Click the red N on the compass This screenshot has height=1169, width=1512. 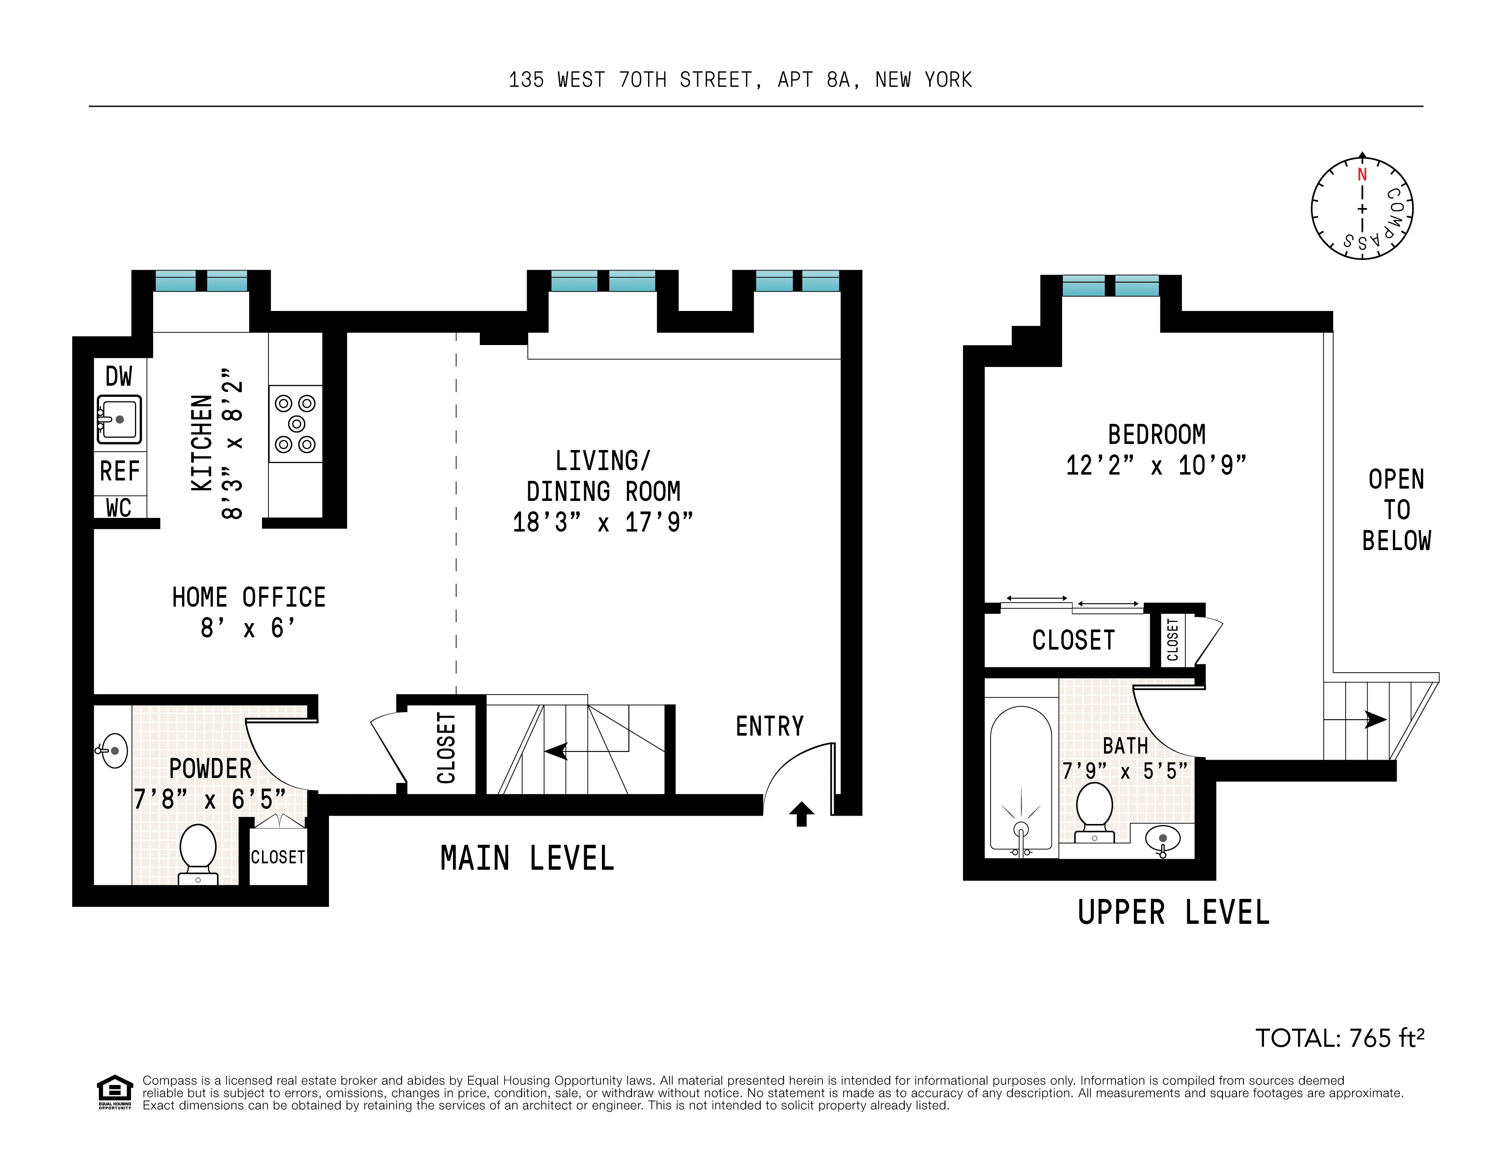(x=1362, y=174)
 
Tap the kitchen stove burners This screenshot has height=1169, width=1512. (x=296, y=423)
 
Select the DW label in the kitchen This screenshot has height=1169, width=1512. (x=118, y=377)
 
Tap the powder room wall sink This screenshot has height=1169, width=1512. (x=113, y=751)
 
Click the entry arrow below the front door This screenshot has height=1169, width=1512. (x=801, y=814)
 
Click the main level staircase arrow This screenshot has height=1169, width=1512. (x=556, y=751)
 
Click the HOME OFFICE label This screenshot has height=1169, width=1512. (x=248, y=597)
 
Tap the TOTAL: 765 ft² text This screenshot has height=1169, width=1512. (x=1340, y=1038)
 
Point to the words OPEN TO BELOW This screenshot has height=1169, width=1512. (x=1396, y=510)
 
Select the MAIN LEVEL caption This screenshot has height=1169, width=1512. (x=527, y=859)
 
